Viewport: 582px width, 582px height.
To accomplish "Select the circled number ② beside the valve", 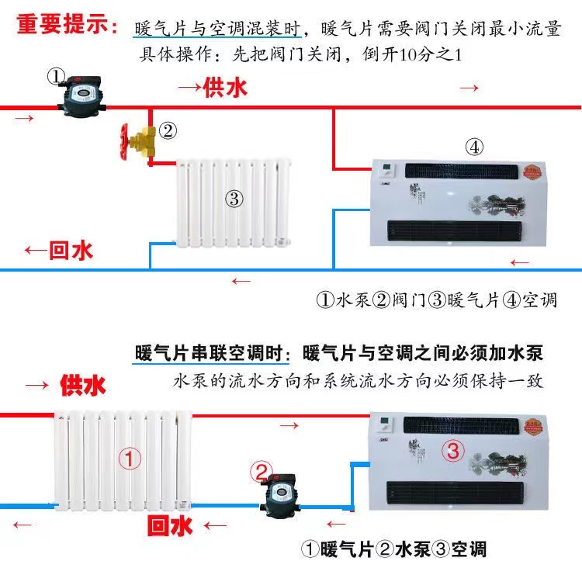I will (168, 130).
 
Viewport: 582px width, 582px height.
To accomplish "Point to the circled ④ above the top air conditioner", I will (475, 146).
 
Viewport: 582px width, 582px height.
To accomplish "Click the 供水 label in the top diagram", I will (224, 88).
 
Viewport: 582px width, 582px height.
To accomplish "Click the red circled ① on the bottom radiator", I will (130, 459).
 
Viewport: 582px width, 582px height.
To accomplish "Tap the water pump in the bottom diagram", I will (277, 497).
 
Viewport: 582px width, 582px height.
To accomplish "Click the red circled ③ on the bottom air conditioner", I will (454, 449).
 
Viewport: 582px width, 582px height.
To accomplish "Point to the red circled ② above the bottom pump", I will (262, 471).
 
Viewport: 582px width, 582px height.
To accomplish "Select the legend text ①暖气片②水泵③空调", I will (393, 549).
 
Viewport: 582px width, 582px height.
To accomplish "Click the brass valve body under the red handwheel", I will (145, 143).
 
